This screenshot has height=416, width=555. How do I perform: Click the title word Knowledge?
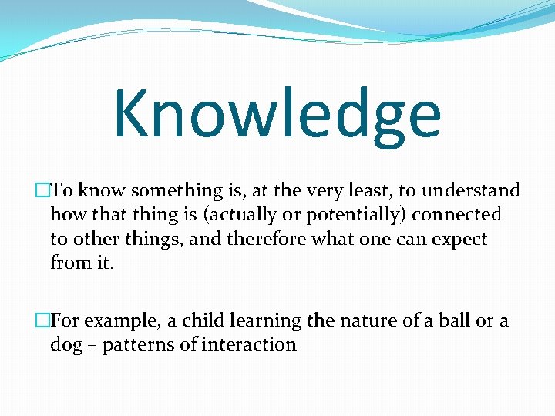[277, 114]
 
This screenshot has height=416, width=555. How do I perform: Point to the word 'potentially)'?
[336, 215]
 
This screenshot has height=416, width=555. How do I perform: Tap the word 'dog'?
[66, 344]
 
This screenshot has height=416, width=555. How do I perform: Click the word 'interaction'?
[248, 344]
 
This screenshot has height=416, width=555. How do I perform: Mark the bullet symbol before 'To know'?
[42, 190]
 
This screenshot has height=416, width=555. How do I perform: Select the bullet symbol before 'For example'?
[42, 320]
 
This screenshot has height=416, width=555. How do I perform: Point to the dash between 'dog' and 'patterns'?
[92, 345]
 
